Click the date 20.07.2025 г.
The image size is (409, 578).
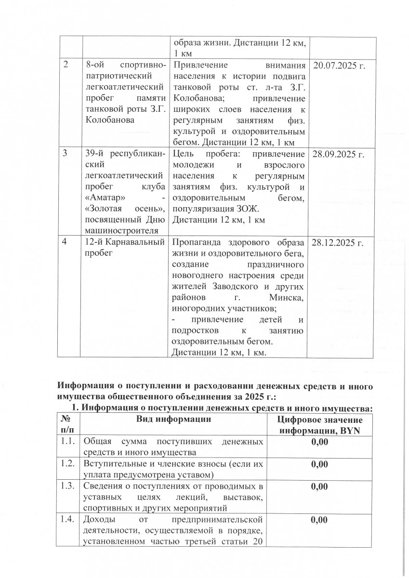click(x=339, y=66)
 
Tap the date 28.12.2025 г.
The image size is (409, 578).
click(x=339, y=242)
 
